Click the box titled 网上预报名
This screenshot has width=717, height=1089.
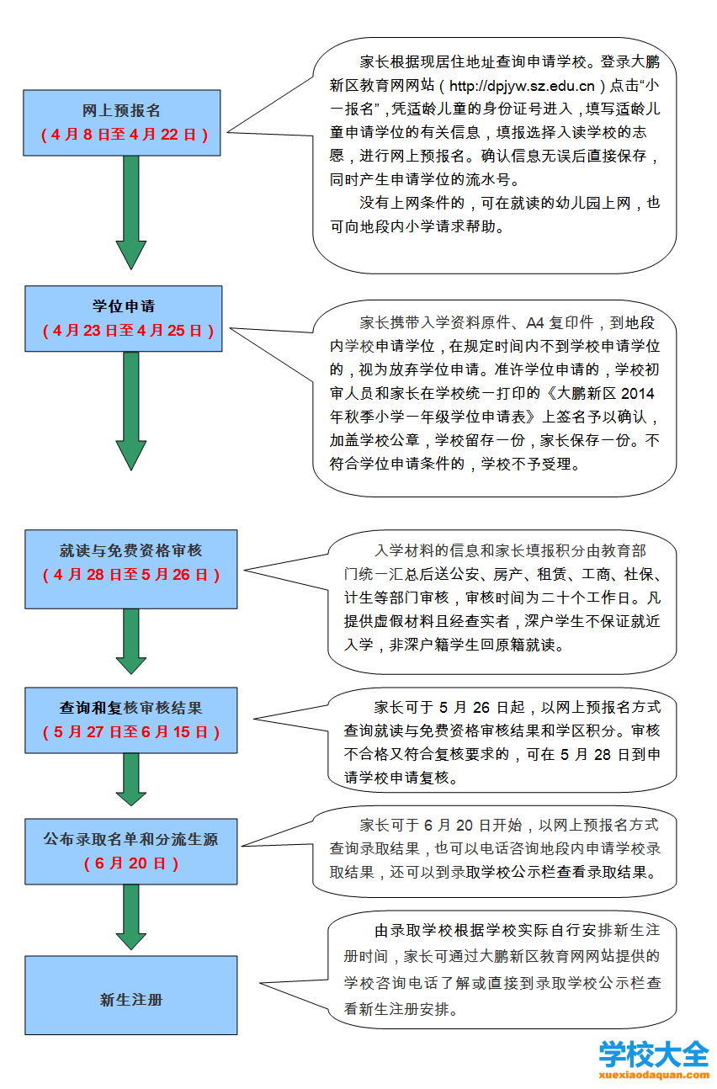pyautogui.click(x=121, y=123)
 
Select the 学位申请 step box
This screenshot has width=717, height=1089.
pyautogui.click(x=124, y=318)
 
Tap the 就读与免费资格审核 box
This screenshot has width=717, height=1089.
pyautogui.click(x=131, y=569)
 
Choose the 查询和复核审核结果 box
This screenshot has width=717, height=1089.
pyautogui.click(x=131, y=720)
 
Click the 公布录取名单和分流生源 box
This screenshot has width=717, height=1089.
pyautogui.click(x=131, y=852)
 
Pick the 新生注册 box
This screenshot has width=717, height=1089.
pyautogui.click(x=131, y=996)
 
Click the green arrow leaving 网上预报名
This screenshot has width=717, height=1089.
pyautogui.click(x=131, y=212)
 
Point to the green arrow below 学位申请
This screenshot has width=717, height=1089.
pyautogui.click(x=131, y=411)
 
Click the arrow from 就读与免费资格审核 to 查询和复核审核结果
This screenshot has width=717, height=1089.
pyautogui.click(x=131, y=641)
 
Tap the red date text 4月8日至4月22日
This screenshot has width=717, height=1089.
pyautogui.click(x=125, y=134)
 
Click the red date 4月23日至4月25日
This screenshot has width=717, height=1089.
pyautogui.click(x=128, y=331)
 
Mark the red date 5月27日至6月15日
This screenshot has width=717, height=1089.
pyautogui.click(x=131, y=731)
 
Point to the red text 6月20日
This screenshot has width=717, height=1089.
pyautogui.click(x=131, y=863)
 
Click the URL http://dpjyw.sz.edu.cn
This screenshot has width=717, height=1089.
pyautogui.click(x=522, y=86)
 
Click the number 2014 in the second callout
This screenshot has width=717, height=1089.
pyautogui.click(x=637, y=393)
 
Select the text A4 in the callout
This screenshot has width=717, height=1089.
pyautogui.click(x=534, y=322)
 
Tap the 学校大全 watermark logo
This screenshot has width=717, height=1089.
pyautogui.click(x=654, y=1054)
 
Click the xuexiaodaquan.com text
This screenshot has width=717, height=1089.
pyautogui.click(x=654, y=1075)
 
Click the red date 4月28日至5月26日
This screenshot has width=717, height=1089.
pyautogui.click(x=131, y=575)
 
